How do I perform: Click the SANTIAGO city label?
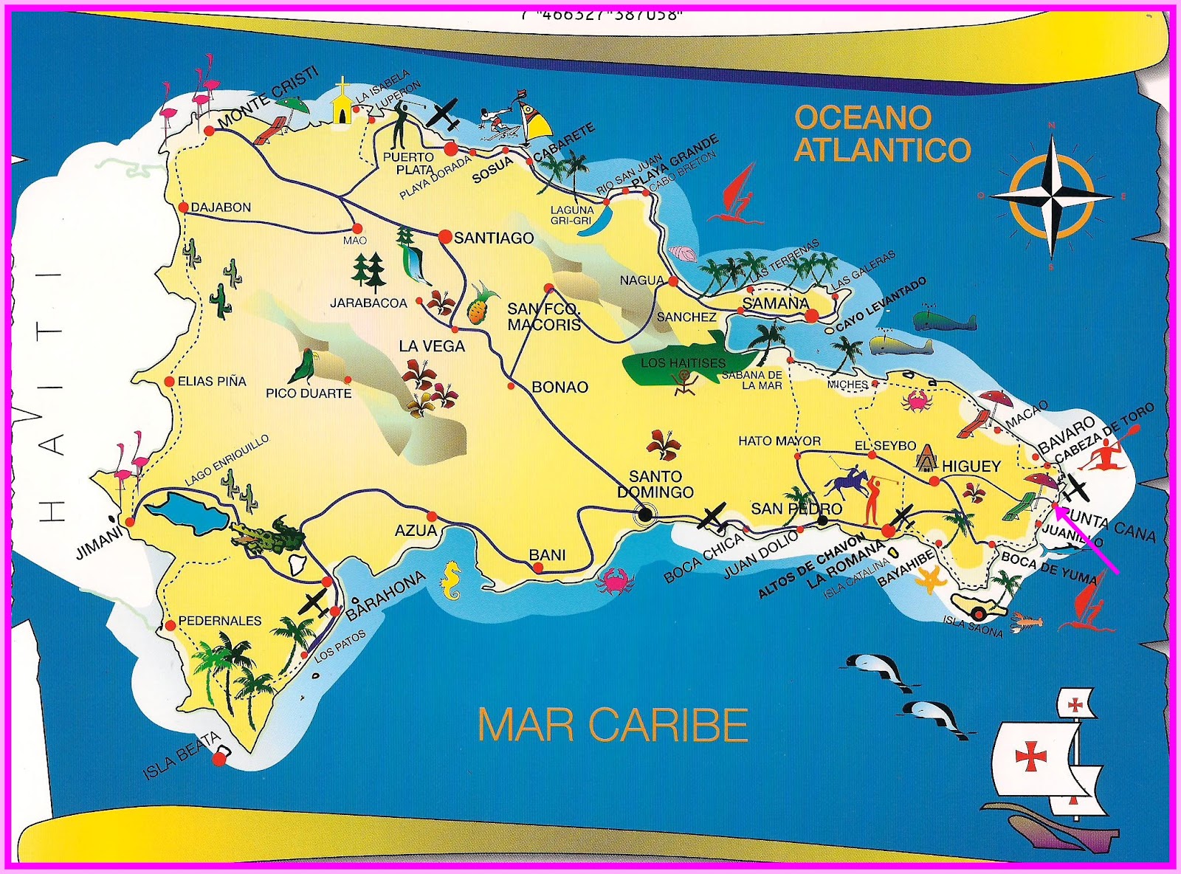493,238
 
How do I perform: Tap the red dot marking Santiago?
445,236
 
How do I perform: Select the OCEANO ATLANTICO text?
882,134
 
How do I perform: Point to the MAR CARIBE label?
613,725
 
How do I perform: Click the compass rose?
1051,196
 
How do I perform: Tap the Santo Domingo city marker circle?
644,515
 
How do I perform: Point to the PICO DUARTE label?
309,393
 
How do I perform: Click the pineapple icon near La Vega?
478,303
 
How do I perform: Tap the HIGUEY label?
971,467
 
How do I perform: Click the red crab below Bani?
615,581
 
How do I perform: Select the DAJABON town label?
221,208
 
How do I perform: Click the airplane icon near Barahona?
315,602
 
